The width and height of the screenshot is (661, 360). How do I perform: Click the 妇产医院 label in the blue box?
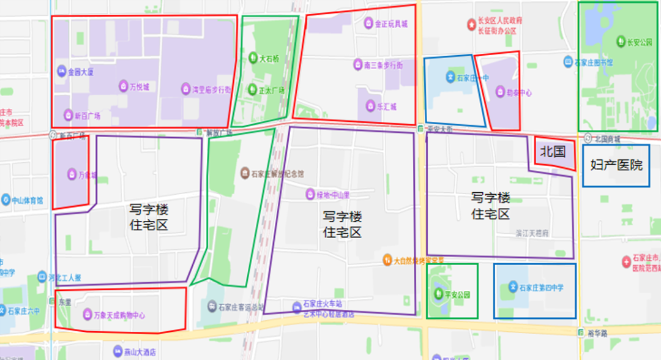tap(616, 165)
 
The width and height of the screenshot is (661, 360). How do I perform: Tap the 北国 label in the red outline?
tap(553, 151)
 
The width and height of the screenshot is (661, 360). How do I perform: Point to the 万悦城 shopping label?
tap(138, 86)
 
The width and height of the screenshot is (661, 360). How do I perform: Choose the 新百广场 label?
tap(87, 115)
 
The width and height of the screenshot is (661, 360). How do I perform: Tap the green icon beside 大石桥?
tap(253, 59)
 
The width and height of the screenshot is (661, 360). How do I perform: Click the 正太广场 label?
tap(272, 90)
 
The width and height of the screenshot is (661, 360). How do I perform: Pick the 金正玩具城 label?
tap(391, 24)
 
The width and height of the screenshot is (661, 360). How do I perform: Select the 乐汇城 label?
tap(386, 106)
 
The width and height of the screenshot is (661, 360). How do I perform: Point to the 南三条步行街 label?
tap(383, 65)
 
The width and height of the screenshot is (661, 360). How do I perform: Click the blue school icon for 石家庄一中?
tap(449, 78)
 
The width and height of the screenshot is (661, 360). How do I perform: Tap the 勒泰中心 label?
tap(518, 93)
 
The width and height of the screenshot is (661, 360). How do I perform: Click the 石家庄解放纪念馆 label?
tap(273, 173)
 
